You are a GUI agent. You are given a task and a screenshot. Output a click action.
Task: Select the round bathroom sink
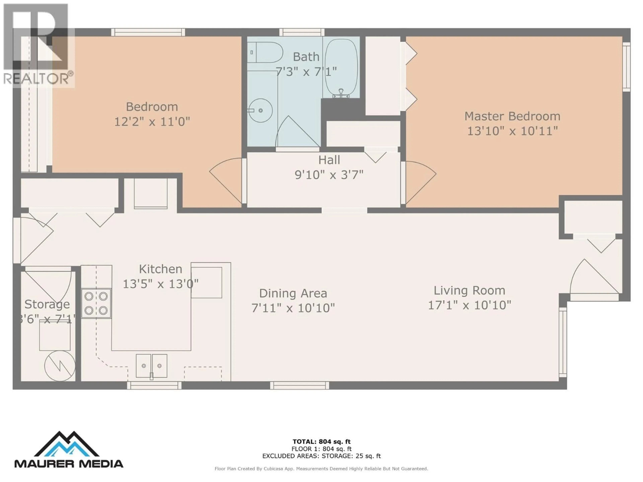tap(260, 110)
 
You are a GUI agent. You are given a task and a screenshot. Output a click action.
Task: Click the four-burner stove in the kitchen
tap(96, 303)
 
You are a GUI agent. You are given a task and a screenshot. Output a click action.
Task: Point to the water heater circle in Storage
tap(60, 366)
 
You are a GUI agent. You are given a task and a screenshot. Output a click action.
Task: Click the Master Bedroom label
tap(512, 116)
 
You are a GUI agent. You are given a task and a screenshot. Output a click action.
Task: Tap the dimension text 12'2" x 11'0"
tap(152, 122)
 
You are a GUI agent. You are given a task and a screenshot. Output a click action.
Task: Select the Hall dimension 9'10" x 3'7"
tap(329, 175)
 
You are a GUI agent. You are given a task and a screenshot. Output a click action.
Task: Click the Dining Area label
tap(293, 293)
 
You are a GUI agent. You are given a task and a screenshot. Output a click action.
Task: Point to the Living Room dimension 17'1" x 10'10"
tap(470, 305)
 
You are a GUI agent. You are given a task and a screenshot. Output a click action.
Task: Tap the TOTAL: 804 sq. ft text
tap(321, 442)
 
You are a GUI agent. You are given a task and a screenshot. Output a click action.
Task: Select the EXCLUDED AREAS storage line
tap(321, 456)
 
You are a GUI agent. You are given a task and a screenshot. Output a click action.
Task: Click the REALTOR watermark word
tap(36, 79)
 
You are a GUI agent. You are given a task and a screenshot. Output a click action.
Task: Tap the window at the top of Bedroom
tap(148, 32)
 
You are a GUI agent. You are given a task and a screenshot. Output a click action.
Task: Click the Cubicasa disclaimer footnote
tap(321, 469)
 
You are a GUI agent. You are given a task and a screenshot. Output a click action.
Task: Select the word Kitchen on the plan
tap(160, 269)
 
